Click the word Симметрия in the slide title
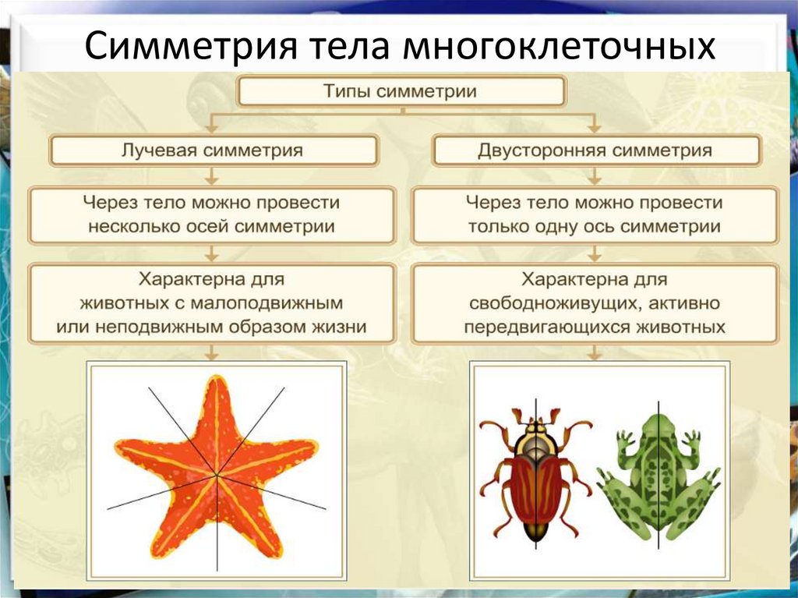191,46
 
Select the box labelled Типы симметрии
401,92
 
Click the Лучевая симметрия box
214,150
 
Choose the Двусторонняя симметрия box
595,150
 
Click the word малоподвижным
267,303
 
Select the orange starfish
217,466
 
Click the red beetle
536,474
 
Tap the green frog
658,477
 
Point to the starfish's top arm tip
218,378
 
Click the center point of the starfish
217,476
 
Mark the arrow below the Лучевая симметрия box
212,175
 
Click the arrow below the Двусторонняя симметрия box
595,175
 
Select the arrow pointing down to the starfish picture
212,352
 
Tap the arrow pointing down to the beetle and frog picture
595,352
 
